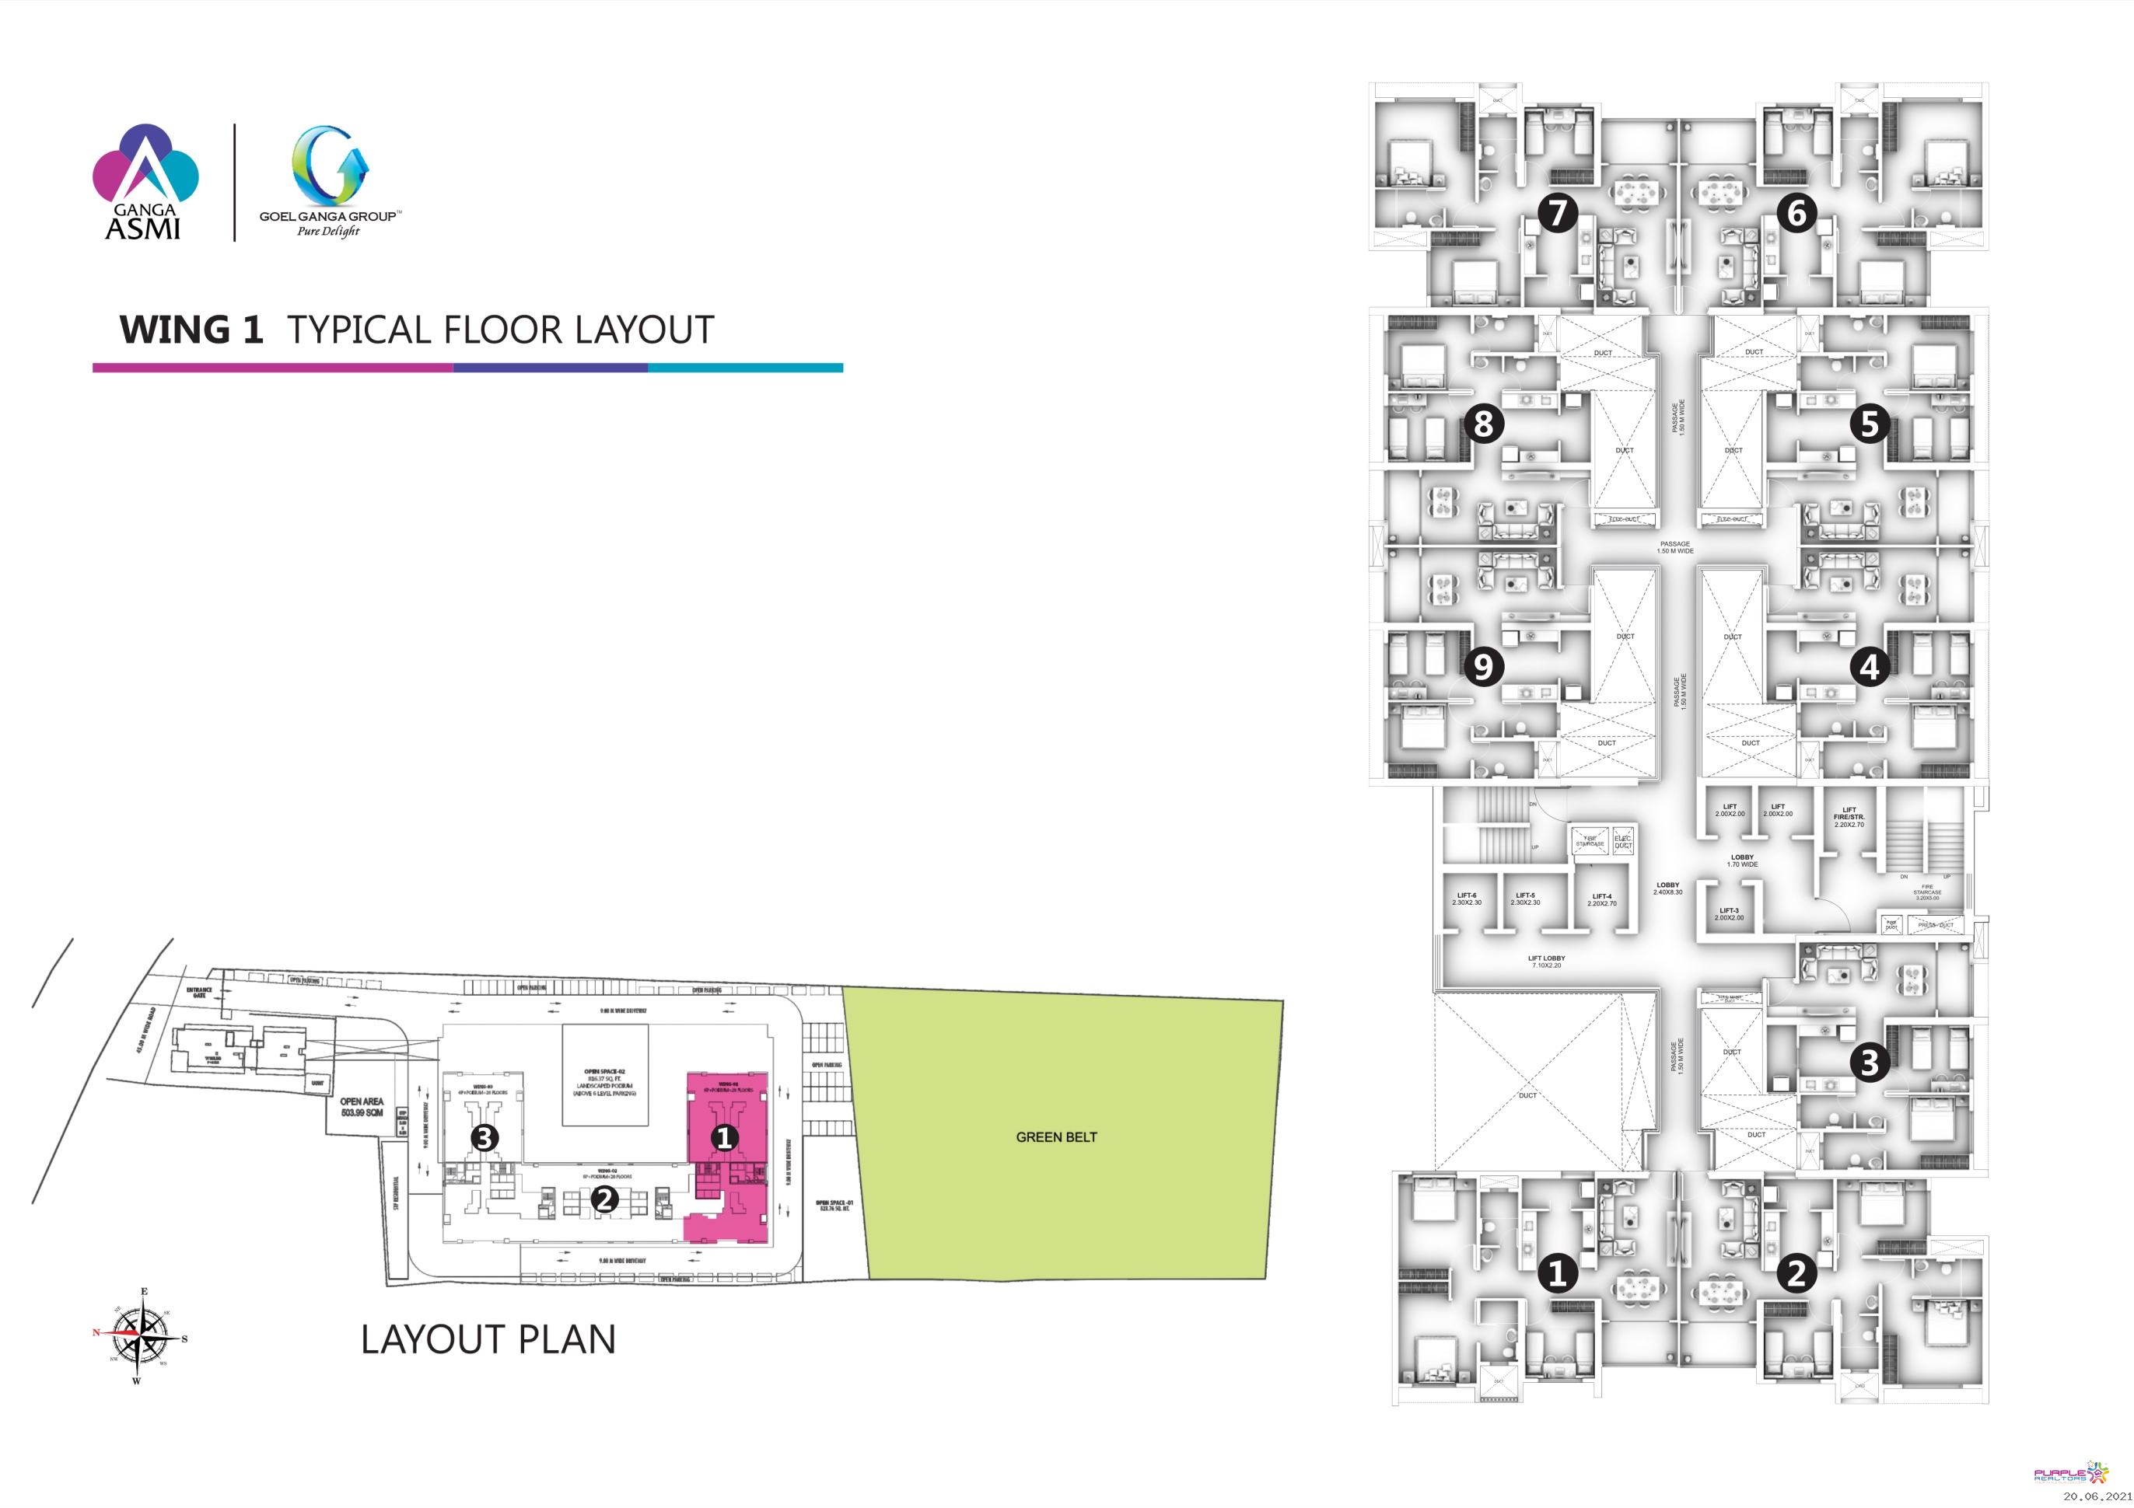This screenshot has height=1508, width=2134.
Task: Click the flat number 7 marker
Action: click(1558, 213)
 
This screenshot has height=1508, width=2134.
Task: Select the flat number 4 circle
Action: click(1869, 666)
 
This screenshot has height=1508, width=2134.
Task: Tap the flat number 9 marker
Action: click(1483, 666)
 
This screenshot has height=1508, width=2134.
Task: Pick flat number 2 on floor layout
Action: click(1796, 1274)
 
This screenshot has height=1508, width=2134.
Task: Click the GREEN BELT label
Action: click(1056, 1137)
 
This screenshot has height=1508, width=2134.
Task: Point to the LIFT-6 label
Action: click(1467, 899)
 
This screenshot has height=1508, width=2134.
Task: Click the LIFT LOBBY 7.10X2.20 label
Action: click(1547, 962)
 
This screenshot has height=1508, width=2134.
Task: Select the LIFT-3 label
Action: click(1729, 914)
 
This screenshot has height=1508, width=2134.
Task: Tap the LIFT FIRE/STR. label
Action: click(1849, 817)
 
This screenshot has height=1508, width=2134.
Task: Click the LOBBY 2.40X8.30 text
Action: click(1667, 888)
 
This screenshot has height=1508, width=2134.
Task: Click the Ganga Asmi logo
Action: click(145, 183)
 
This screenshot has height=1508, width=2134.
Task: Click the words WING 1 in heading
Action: click(191, 330)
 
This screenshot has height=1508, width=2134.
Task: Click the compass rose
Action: click(139, 1334)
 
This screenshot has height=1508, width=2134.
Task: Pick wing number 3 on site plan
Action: click(485, 1136)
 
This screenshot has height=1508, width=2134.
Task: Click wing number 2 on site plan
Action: click(604, 1199)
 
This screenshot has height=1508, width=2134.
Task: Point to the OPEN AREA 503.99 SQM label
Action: click(362, 1107)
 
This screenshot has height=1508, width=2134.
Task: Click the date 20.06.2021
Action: click(2095, 1496)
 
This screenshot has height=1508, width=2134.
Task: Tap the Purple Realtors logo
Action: click(2071, 1475)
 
